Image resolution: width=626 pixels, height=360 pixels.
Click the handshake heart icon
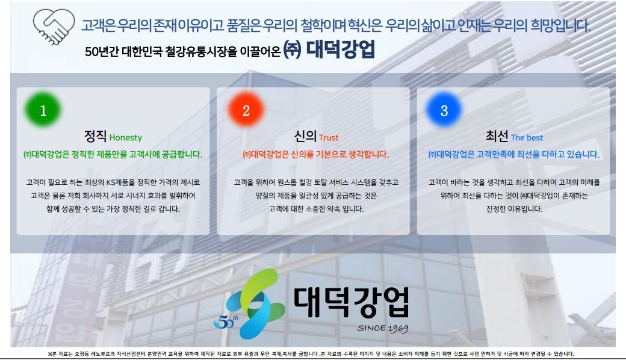54,26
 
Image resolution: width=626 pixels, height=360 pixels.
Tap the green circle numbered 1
43,110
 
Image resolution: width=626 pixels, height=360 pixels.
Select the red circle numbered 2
246,110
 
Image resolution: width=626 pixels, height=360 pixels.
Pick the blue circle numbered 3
444,110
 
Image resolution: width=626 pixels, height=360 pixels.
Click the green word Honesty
126,138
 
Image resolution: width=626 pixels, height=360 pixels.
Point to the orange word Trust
329,138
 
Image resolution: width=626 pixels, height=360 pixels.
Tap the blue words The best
527,138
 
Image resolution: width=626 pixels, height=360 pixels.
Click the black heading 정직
95,136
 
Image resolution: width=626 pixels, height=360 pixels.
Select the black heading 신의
305,136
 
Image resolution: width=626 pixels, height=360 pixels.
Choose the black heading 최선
497,136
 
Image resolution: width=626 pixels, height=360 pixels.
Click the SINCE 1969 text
382,328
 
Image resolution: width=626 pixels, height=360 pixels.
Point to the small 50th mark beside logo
226,321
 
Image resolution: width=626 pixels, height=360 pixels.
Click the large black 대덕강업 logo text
352,302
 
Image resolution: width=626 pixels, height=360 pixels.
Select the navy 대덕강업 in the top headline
341,50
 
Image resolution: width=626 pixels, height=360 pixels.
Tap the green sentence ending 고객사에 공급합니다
113,155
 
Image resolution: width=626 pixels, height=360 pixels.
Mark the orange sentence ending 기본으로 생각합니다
315,155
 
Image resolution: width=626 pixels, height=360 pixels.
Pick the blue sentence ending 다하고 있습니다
514,155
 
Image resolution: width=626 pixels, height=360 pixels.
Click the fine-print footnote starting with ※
311,353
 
